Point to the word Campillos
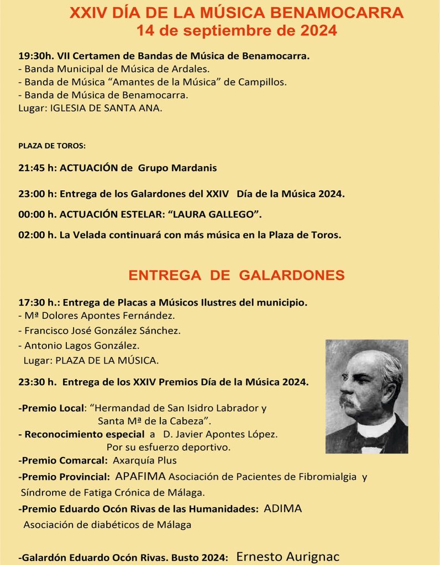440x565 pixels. pyautogui.click(x=267, y=82)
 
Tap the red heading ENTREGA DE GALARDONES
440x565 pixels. pyautogui.click(x=237, y=275)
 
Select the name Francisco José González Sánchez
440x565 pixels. pyautogui.click(x=102, y=331)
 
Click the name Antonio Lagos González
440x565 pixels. pyautogui.click(x=82, y=345)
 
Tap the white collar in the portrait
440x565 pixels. pyautogui.click(x=376, y=428)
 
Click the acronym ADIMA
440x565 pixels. pyautogui.click(x=283, y=509)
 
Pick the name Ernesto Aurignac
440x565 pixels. pyautogui.click(x=287, y=557)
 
